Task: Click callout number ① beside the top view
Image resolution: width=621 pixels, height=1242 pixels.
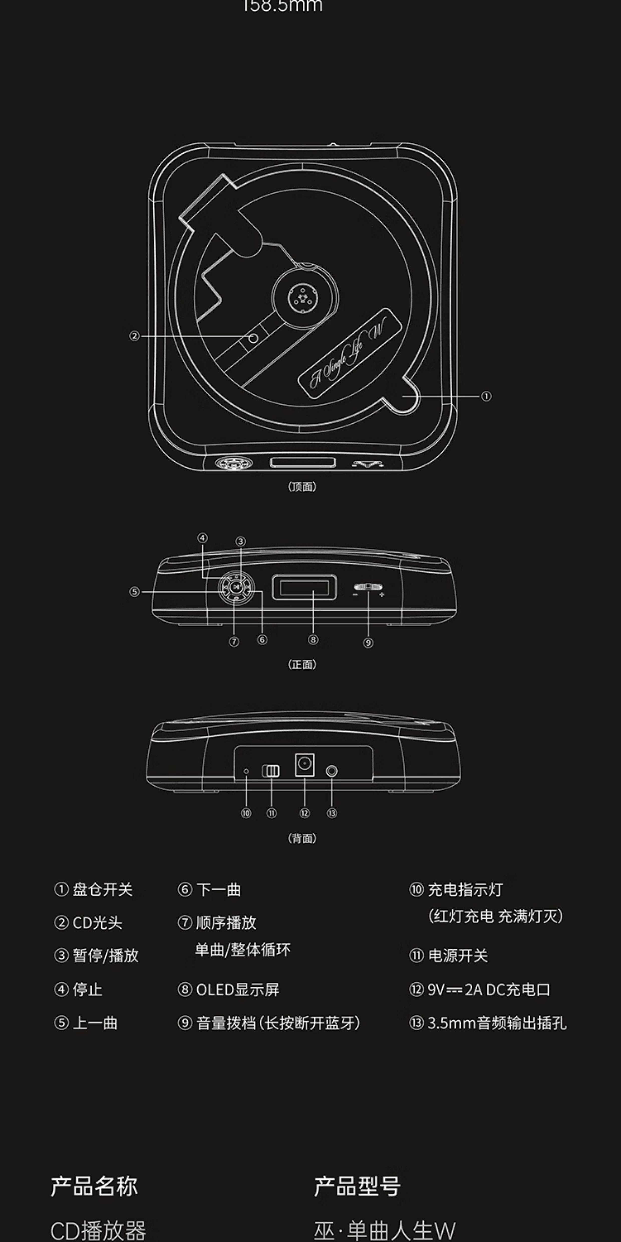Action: pyautogui.click(x=486, y=396)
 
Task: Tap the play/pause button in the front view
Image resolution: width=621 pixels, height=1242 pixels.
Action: pyautogui.click(x=236, y=587)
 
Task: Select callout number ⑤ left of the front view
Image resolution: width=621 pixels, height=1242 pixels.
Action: pyautogui.click(x=134, y=592)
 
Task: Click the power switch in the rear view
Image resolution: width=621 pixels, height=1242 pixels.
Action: pyautogui.click(x=271, y=770)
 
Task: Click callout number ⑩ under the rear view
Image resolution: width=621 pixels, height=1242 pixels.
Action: pyautogui.click(x=246, y=813)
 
